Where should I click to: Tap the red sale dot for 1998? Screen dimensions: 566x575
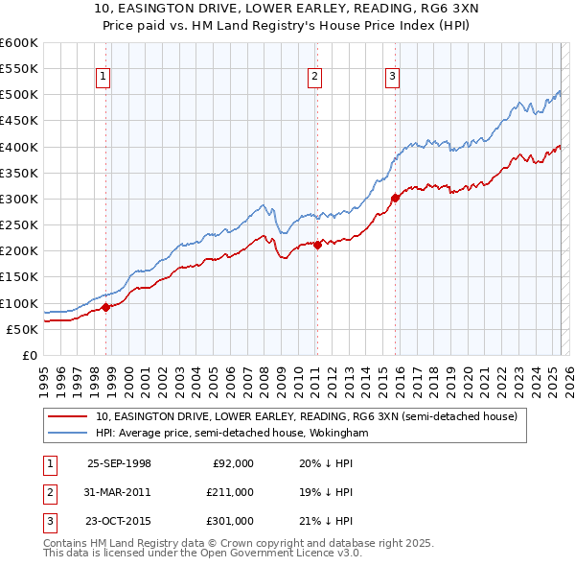106,307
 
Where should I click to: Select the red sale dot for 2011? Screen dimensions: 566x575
317,245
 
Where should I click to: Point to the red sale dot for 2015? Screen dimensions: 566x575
395,198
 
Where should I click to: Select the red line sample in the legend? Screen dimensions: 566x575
68,416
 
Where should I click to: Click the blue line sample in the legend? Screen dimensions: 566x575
68,433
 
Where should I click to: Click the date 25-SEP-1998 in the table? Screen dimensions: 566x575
119,463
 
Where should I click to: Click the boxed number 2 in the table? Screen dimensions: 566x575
48,492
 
